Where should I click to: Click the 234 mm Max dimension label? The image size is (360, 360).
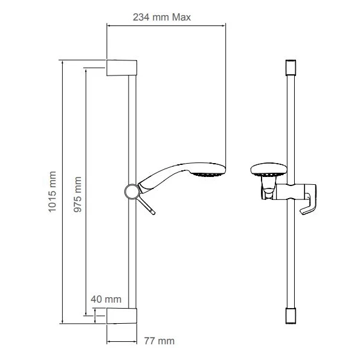(161, 18)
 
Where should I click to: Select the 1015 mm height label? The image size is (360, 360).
(53, 193)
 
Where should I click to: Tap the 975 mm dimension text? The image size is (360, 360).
(77, 193)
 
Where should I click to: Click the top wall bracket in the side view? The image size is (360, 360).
(121, 67)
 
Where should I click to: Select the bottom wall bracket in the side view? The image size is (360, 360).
(121, 317)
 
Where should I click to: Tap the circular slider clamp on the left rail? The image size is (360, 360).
(130, 191)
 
